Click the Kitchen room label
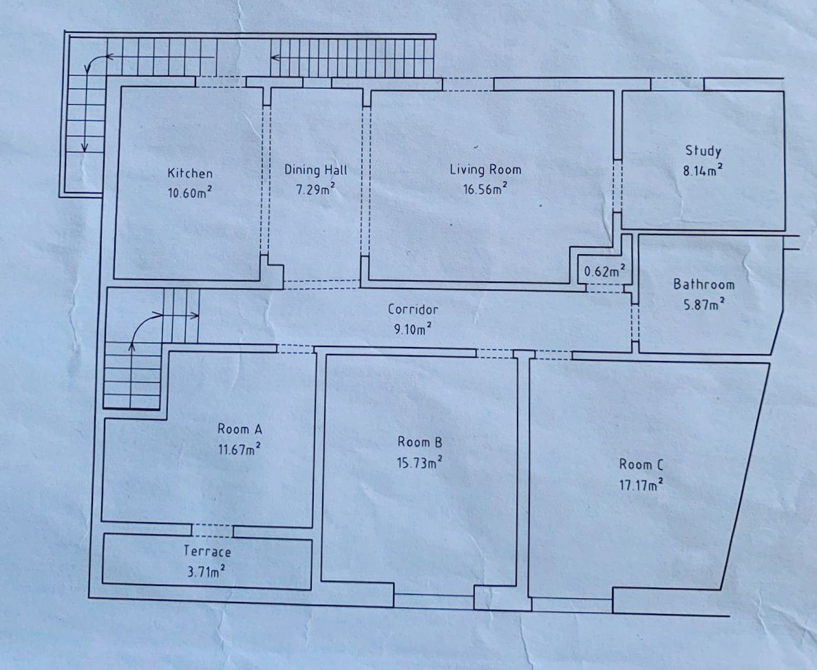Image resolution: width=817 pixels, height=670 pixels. [x=190, y=173]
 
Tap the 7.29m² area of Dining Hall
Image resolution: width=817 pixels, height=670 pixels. [x=315, y=189]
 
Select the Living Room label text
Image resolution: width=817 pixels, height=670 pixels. [x=485, y=169]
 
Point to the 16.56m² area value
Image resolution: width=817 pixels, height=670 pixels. [x=485, y=189]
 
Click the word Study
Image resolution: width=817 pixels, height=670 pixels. [x=703, y=151]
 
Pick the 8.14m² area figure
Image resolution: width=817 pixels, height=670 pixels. [x=703, y=171]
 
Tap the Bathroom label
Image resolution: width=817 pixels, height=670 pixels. [x=703, y=284]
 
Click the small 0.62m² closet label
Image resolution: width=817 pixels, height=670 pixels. [x=604, y=271]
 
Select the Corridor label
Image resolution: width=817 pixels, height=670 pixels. [x=413, y=309]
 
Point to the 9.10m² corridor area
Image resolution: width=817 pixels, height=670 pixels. [x=413, y=329]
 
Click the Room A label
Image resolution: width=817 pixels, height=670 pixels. [x=240, y=429]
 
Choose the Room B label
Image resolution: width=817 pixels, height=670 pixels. [x=420, y=442]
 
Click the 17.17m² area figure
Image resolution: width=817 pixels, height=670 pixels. [x=641, y=484]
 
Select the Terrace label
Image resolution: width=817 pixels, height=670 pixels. [x=207, y=551]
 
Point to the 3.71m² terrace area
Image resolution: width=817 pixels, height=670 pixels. [x=206, y=572]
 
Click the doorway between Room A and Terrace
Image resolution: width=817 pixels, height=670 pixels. [x=212, y=531]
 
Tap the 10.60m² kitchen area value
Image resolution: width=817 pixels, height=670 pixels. [x=190, y=192]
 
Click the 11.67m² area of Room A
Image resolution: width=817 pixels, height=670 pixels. [x=240, y=449]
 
